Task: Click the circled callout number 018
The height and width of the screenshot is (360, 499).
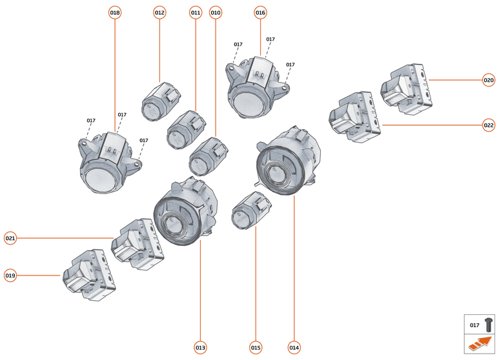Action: click(115, 12)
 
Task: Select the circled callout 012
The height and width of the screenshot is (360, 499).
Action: click(159, 12)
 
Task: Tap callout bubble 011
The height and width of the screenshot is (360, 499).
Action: click(196, 12)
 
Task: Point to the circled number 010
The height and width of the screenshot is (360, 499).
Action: click(216, 12)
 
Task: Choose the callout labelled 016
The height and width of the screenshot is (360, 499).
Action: click(260, 12)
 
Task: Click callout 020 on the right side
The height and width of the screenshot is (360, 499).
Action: click(489, 81)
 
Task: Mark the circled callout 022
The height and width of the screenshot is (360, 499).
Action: click(489, 125)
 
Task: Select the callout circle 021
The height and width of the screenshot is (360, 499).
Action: click(10, 238)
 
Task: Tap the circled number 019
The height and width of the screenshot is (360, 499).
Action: click(10, 275)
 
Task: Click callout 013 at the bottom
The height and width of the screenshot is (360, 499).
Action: click(200, 348)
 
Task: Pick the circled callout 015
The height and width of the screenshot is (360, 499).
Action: click(256, 348)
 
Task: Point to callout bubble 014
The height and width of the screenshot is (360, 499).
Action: click(294, 348)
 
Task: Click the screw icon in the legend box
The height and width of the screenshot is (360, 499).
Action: click(489, 325)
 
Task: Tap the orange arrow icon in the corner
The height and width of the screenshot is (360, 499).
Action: click(480, 345)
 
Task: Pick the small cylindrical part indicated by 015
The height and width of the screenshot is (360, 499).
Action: click(252, 211)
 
